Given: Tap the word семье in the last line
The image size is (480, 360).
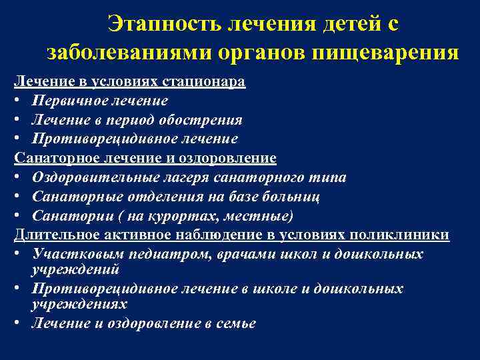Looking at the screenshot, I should [x=236, y=323].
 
